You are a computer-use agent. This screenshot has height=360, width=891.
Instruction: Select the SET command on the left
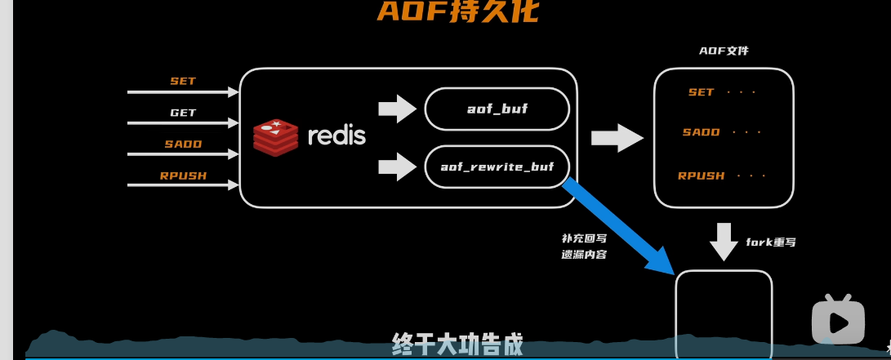183,81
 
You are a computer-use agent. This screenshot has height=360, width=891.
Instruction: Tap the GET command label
183,113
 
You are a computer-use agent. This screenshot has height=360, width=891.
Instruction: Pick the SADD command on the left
183,144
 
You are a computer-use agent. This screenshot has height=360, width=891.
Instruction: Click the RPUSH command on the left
183,175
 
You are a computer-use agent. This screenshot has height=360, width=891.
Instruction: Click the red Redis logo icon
276,136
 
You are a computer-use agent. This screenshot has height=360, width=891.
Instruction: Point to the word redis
336,136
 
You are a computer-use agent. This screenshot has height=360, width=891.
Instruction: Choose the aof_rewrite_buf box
497,167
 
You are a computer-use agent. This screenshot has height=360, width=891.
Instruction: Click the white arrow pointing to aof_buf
398,109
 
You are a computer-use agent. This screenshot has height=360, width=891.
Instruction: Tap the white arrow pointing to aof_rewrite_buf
398,167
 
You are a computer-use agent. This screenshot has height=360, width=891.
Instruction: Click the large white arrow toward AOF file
617,136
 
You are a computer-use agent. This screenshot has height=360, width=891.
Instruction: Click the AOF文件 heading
724,51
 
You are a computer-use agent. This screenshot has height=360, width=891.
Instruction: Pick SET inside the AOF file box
702,92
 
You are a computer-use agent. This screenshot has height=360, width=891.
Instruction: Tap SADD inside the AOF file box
702,132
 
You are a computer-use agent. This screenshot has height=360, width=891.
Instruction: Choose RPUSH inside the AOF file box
702,176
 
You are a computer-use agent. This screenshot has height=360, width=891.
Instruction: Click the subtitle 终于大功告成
457,342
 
